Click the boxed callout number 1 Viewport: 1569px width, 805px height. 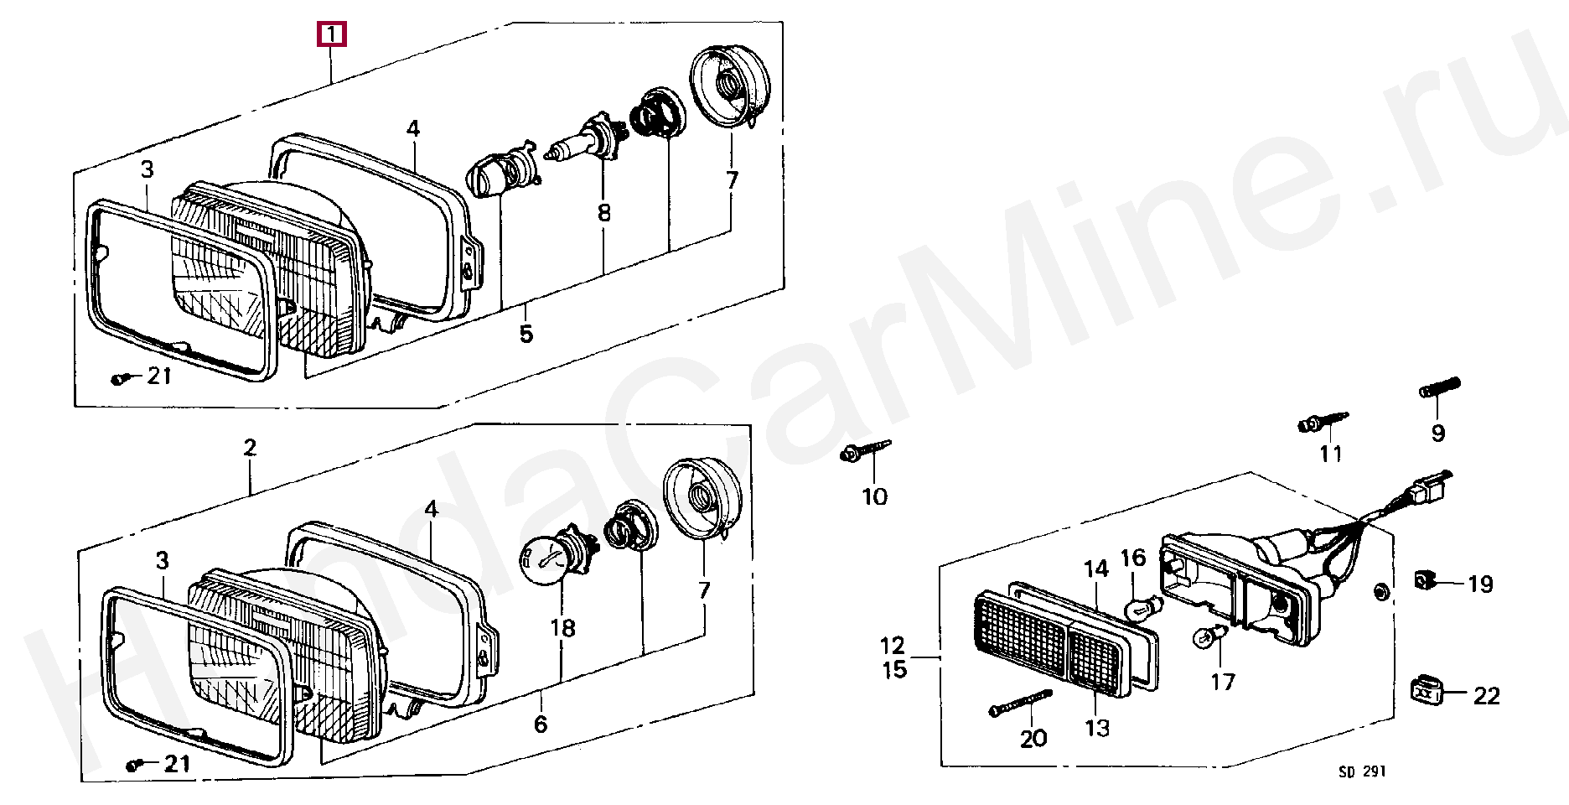point(331,34)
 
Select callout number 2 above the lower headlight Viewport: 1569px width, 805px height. point(250,447)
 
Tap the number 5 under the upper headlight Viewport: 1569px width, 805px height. point(526,334)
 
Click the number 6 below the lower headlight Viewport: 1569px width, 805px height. point(541,723)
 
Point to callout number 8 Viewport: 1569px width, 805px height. point(604,213)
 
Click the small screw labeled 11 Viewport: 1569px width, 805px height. point(1323,423)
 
